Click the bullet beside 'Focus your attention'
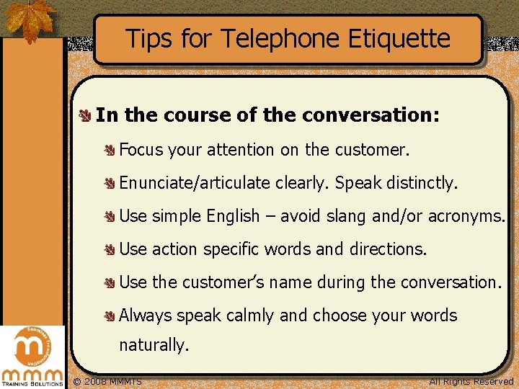point(110,150)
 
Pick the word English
point(233,216)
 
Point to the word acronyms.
point(466,216)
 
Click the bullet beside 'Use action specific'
point(110,249)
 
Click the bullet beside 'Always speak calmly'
point(110,316)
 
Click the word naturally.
point(154,345)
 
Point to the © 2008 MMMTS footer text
point(108,381)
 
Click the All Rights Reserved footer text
point(471,381)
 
